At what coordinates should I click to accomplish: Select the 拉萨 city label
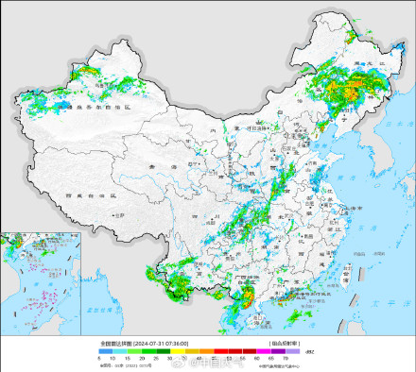tap(117, 216)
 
